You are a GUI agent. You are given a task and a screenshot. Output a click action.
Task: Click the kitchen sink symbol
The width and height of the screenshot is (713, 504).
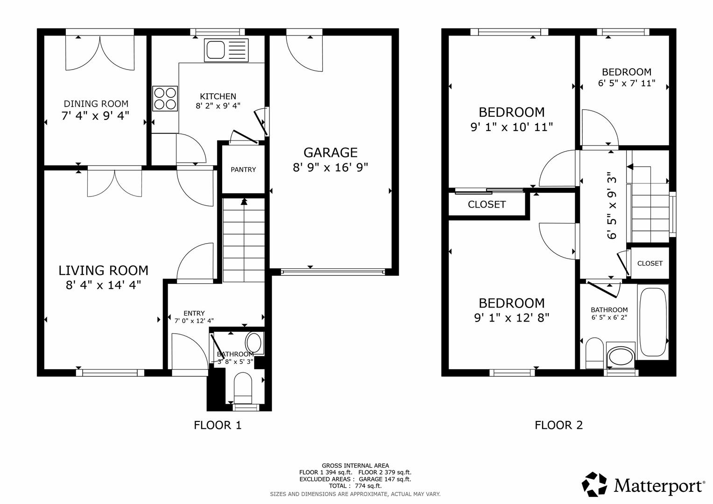pos(226,50)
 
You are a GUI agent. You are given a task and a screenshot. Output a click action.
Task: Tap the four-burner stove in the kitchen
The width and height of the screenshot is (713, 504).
pos(165,98)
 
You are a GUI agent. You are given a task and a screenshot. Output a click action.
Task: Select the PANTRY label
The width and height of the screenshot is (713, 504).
pos(243,169)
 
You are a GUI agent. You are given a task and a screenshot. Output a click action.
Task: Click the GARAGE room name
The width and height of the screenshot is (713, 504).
pos(331,153)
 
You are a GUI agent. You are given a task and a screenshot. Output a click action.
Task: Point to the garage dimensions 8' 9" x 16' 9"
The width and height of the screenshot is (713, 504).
pos(331,168)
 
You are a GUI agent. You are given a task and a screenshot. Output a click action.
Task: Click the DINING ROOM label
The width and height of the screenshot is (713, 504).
pos(96,104)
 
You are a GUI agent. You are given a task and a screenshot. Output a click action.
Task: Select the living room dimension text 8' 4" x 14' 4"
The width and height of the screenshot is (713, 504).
pos(103,285)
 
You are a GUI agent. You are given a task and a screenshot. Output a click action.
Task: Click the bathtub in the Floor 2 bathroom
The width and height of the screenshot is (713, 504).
pos(652,322)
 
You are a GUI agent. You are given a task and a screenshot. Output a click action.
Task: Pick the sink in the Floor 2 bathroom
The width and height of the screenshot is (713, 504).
pos(620,356)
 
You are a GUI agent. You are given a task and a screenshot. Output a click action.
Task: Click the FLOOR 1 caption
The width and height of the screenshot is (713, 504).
pos(218,425)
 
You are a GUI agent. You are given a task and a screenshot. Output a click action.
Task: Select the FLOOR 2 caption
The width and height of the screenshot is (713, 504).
pos(558,425)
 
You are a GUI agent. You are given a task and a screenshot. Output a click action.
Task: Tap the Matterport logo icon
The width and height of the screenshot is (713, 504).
pos(594,484)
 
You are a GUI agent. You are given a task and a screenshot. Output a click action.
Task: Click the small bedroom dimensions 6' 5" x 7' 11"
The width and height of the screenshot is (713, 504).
pos(626,84)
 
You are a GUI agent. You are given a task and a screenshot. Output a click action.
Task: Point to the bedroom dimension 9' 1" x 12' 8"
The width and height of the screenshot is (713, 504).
pos(511,318)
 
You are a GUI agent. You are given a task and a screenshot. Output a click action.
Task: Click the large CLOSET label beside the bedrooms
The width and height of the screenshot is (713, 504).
pos(487,204)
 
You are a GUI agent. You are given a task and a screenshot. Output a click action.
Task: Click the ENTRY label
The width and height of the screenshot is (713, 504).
pos(194,313)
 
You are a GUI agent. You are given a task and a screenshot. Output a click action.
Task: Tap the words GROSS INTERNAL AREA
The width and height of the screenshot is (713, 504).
pos(355,465)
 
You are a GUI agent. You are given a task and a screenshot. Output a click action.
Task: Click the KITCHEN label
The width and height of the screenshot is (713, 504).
pos(218,96)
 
